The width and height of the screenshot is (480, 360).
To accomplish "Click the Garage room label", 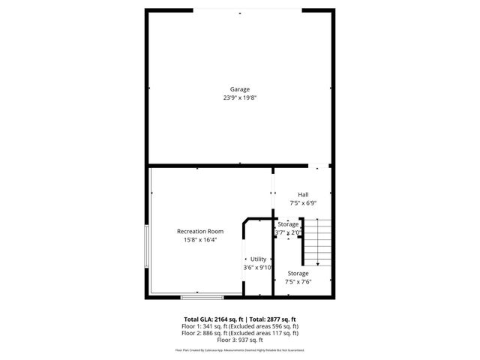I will tap(240, 89).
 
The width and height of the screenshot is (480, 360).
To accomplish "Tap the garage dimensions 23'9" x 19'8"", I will tap(240, 97).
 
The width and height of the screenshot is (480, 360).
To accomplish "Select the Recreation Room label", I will tap(200, 232).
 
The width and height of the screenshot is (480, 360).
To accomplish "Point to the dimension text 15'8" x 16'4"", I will tap(200, 240).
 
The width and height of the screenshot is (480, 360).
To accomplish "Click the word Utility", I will tap(258, 259).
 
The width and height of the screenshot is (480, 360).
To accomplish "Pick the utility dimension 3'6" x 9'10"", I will tap(257, 268).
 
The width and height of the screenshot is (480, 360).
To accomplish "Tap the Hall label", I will tap(303, 194).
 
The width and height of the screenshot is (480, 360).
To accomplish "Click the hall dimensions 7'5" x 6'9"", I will tap(303, 202).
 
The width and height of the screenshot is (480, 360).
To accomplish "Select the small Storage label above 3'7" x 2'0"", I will tap(289, 224).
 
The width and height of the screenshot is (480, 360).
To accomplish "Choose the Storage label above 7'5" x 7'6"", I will tap(298, 274).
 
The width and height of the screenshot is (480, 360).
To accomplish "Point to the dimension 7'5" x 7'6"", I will tap(298, 283).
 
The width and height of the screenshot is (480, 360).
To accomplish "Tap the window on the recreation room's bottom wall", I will tap(202, 296).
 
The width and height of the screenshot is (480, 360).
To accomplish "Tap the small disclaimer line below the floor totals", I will tap(240, 350).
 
